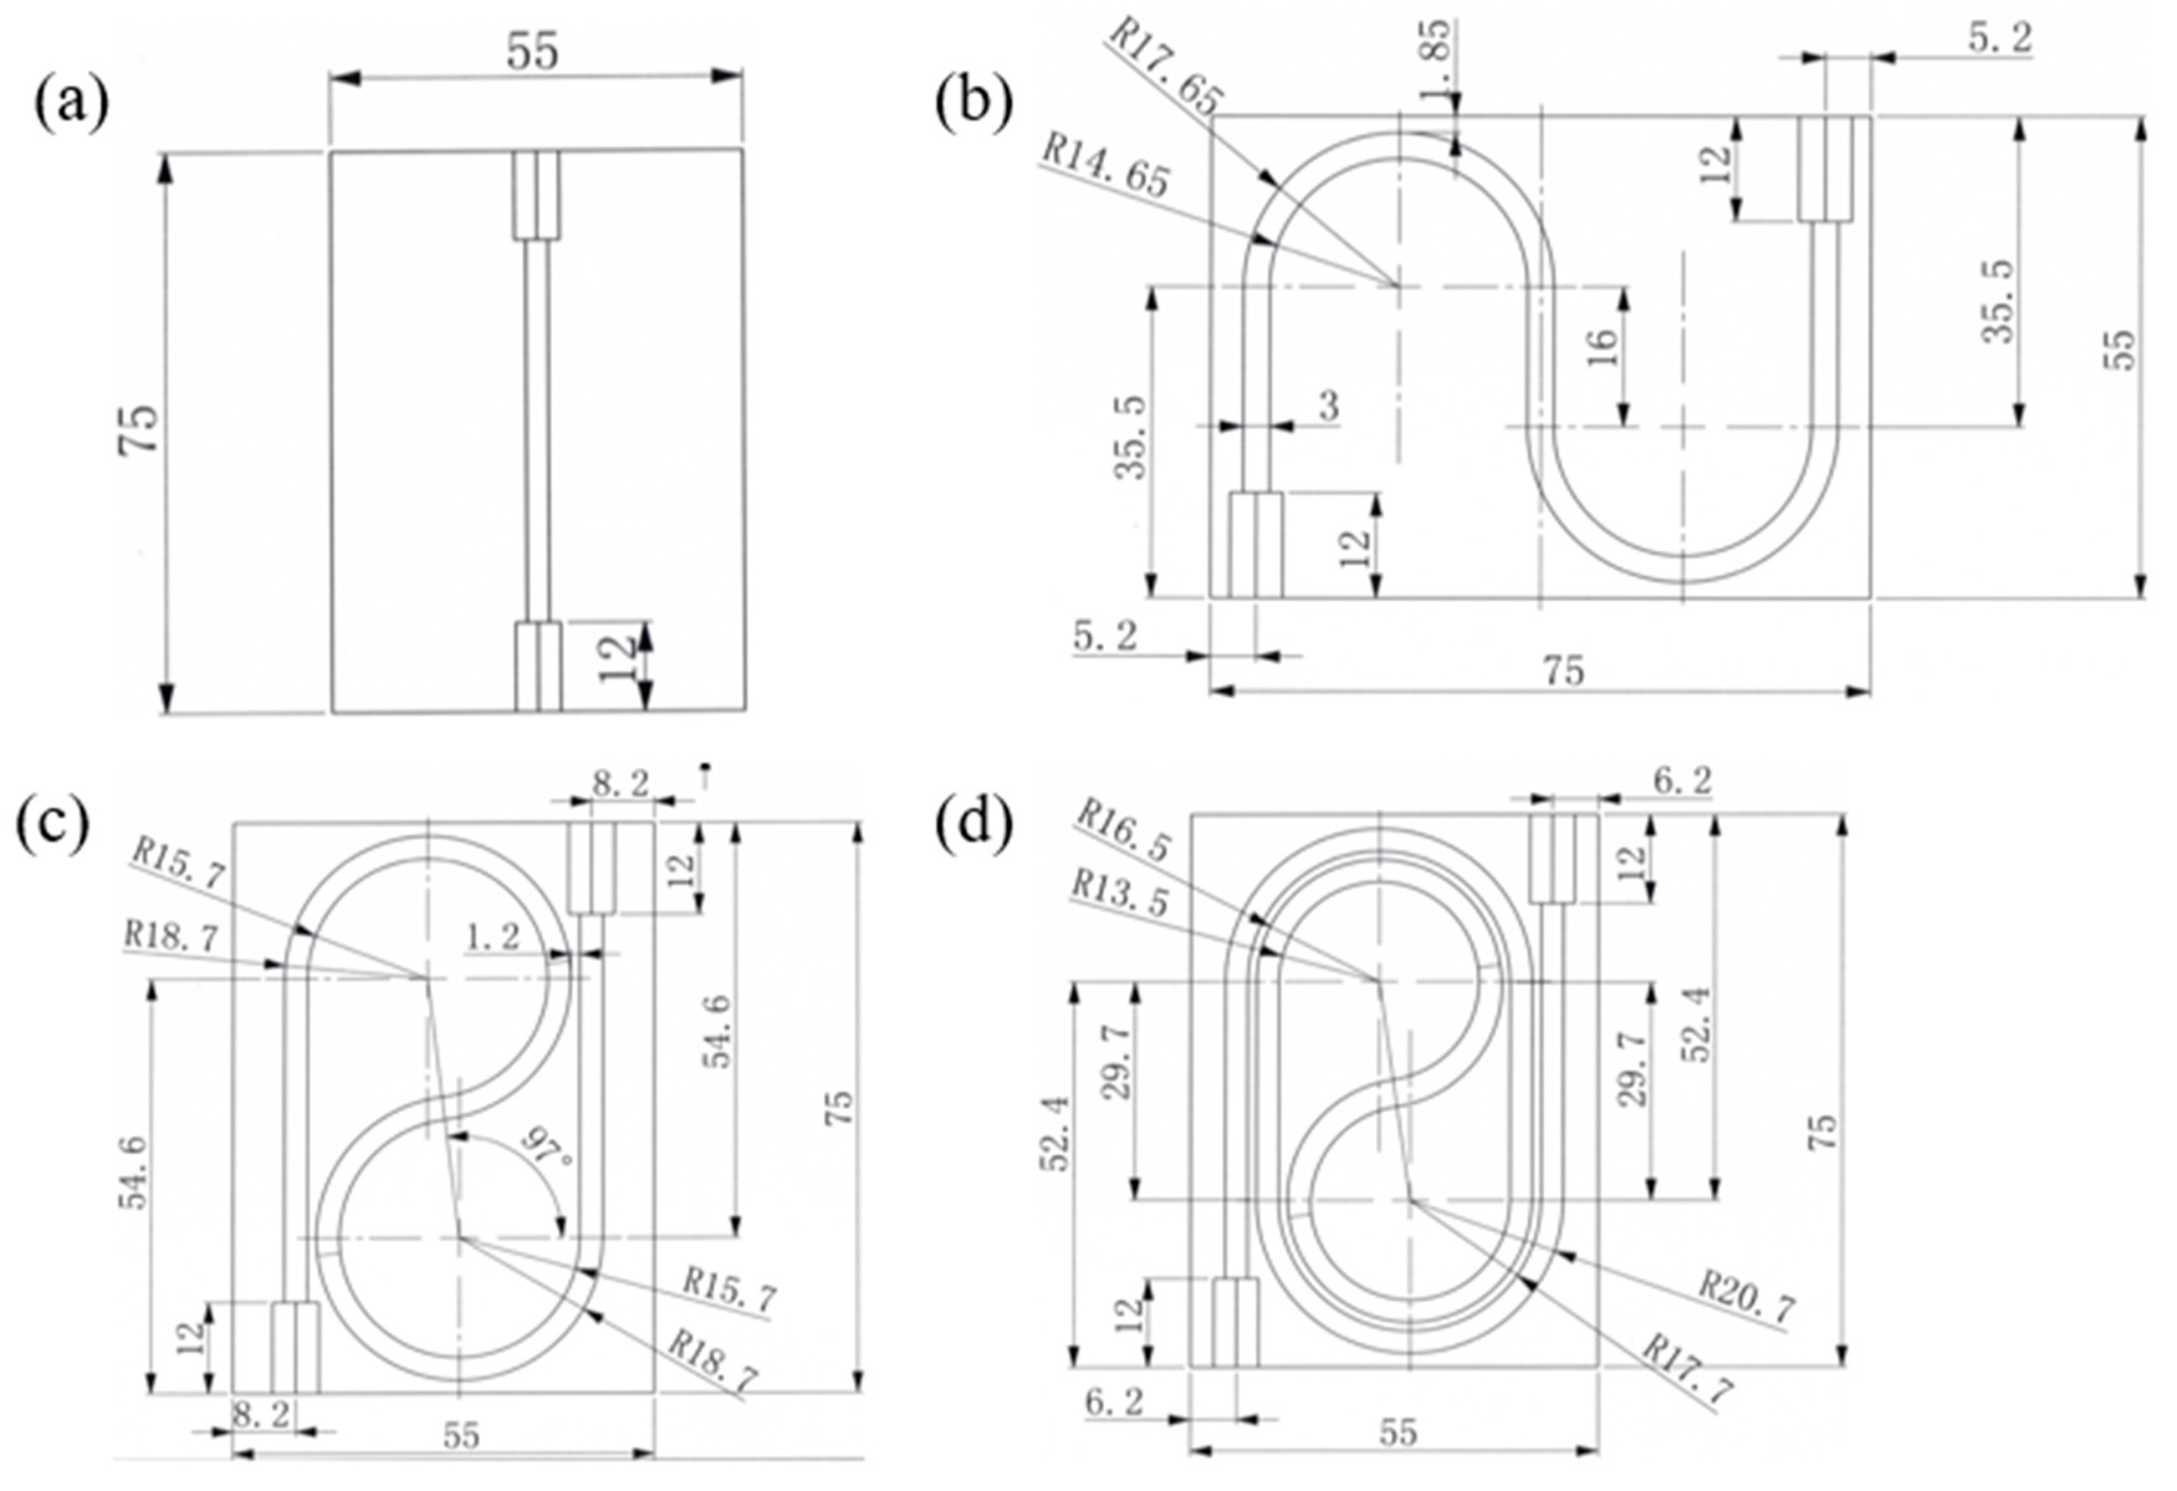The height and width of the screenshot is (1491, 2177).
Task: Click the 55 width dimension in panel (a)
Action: [x=532, y=52]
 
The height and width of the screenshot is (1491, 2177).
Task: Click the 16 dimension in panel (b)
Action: [x=1604, y=346]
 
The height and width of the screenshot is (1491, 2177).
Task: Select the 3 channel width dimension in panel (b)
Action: [x=1328, y=406]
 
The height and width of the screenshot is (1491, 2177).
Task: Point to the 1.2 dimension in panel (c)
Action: [x=493, y=937]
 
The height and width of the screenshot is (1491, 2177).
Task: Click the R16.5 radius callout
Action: [x=1122, y=829]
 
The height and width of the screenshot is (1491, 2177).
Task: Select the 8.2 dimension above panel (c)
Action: [x=620, y=783]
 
